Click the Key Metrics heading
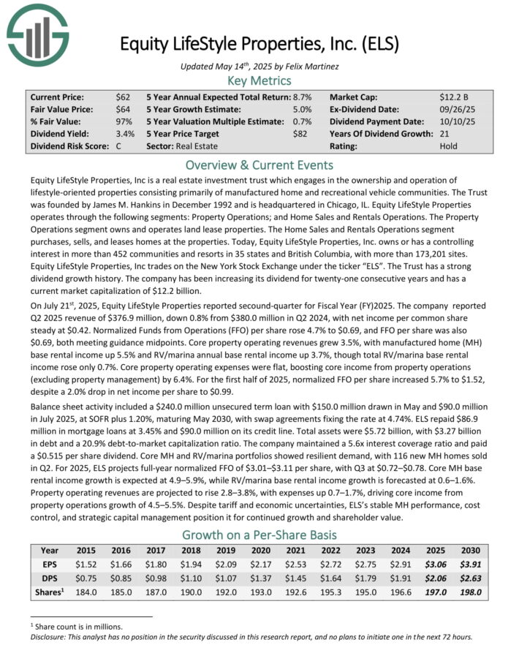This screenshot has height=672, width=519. [259, 80]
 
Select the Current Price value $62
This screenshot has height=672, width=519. [124, 97]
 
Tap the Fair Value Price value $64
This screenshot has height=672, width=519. [124, 109]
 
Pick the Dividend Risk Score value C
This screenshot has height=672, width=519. [119, 147]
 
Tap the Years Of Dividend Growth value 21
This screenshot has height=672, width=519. [445, 135]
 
